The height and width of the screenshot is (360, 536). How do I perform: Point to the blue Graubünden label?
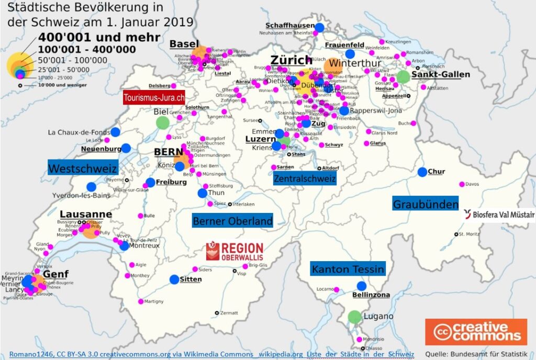[x=426, y=204]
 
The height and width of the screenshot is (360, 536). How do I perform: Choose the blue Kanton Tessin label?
[x=348, y=269]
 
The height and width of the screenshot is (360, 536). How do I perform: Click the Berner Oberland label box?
[x=232, y=221]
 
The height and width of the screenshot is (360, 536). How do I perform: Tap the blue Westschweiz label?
[x=83, y=168]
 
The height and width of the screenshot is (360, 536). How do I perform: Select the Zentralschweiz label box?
[x=305, y=178]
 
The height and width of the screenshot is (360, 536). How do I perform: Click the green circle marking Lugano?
[x=355, y=317]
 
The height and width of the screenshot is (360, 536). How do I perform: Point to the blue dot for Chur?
[x=422, y=172]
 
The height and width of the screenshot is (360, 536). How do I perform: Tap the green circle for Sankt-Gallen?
[x=403, y=77]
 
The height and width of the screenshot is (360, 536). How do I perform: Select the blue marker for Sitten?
[x=174, y=279]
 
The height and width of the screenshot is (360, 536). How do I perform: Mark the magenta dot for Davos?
[x=462, y=184]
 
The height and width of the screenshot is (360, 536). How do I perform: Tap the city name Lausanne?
[x=86, y=214]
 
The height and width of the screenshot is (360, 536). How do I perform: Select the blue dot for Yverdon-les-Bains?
[x=91, y=186]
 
